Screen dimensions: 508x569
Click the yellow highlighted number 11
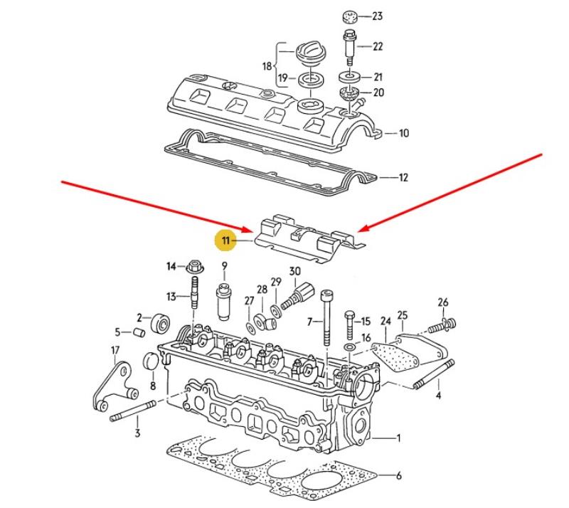(x=225, y=242)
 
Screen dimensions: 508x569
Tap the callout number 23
(x=377, y=16)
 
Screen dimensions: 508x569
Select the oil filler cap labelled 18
(x=310, y=54)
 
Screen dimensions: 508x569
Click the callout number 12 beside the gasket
(x=403, y=178)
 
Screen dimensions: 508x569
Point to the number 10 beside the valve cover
(x=403, y=133)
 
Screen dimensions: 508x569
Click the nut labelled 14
(x=193, y=268)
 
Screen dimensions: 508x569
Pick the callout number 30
(x=294, y=271)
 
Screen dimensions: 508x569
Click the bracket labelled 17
(x=114, y=384)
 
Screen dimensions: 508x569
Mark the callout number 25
(x=402, y=315)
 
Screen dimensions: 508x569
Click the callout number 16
(x=366, y=339)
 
